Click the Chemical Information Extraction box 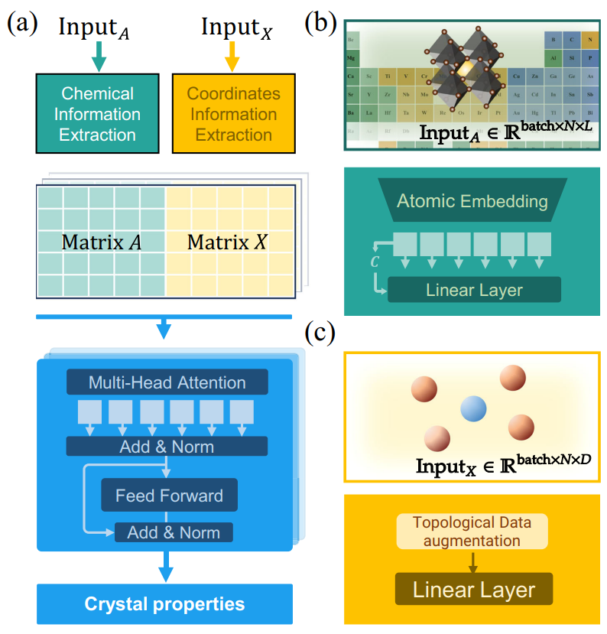click(x=96, y=114)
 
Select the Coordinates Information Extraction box click(x=233, y=114)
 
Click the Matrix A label click(x=102, y=243)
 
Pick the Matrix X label click(x=228, y=243)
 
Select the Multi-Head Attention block click(x=167, y=382)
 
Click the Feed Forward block click(x=170, y=496)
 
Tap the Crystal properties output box click(x=165, y=604)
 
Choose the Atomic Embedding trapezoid click(x=472, y=202)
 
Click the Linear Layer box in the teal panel click(x=474, y=290)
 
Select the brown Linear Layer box click(x=474, y=590)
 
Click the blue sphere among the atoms click(x=474, y=410)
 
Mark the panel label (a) click(x=21, y=23)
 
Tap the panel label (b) click(x=320, y=21)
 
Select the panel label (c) click(x=320, y=333)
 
